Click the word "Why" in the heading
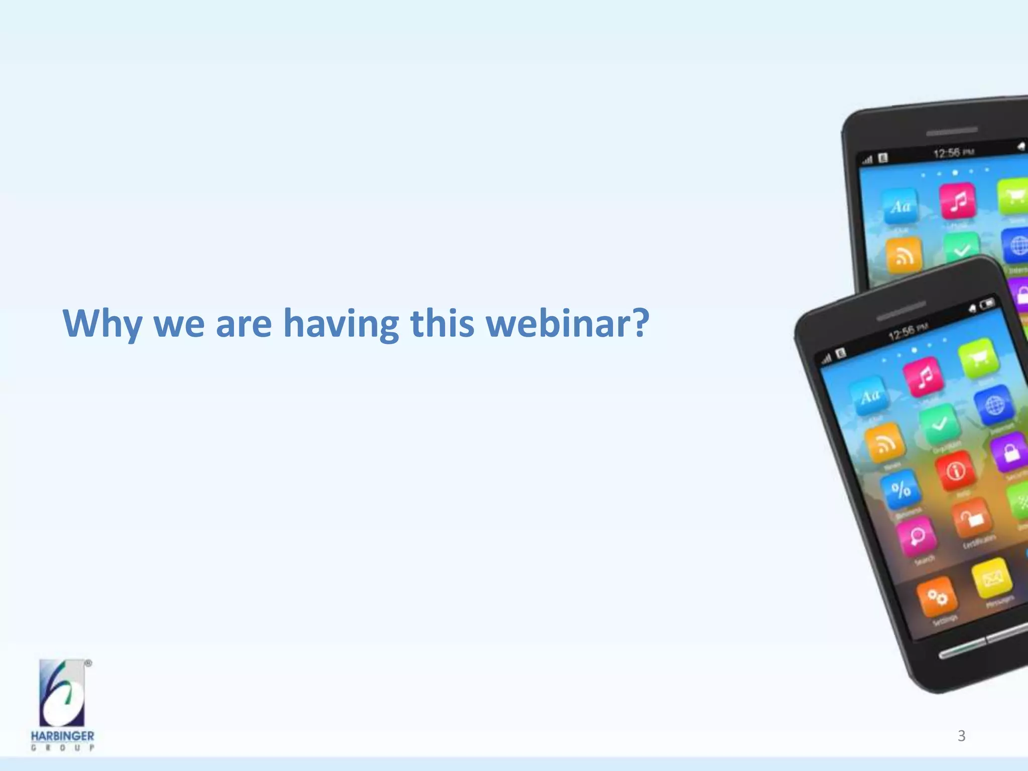102,324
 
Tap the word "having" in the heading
341,324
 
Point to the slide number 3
961,736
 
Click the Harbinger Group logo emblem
63,693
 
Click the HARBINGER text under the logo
62,736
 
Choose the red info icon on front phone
955,471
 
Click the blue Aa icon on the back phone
901,206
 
